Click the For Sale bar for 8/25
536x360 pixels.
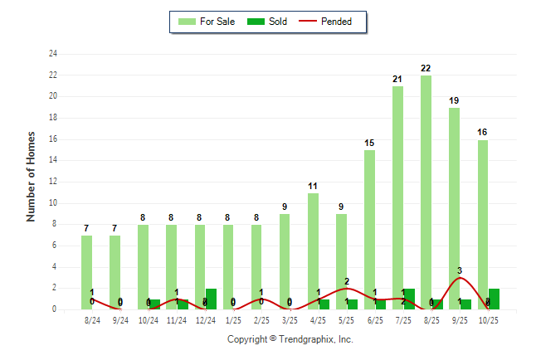426,191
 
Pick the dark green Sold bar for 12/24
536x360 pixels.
211,299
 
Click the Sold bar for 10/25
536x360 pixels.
495,299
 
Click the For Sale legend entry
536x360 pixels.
207,22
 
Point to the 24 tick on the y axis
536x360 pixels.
53,54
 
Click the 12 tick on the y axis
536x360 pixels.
53,182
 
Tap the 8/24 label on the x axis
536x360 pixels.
92,320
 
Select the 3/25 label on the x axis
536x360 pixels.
290,320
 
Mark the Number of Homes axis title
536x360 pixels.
32,176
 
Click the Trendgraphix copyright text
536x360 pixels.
290,339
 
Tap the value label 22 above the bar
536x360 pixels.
426,68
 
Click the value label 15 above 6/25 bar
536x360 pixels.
369,143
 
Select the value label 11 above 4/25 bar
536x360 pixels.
313,186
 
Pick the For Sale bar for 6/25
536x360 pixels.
369,229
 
